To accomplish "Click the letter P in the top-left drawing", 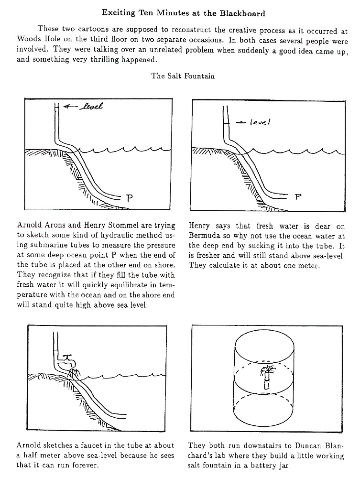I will click(x=128, y=196).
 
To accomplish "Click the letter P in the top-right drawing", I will click(x=298, y=196).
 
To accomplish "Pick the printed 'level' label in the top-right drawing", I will click(x=260, y=122).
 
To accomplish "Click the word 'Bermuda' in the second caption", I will click(x=206, y=236).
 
